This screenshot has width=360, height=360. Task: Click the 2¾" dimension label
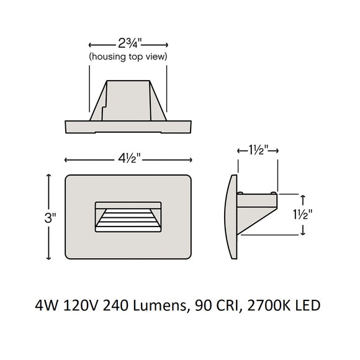tap(128, 45)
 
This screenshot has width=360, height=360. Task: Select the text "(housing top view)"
tap(128, 57)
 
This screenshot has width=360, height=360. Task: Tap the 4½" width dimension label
tap(128, 158)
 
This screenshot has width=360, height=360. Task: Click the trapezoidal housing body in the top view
tap(128, 99)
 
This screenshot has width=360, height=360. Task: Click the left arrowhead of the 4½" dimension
tap(68, 158)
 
